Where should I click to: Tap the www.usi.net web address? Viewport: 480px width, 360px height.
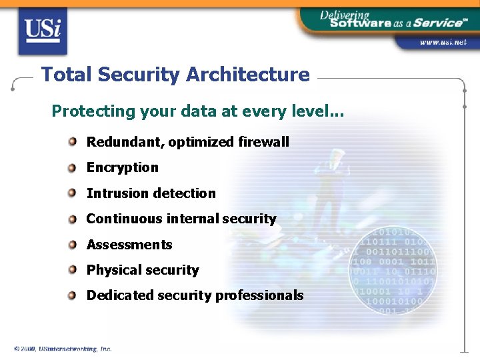click(443, 43)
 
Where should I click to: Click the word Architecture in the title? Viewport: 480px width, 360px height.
click(248, 75)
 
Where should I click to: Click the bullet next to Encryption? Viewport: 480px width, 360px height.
click(72, 167)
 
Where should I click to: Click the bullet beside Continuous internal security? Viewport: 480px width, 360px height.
click(72, 219)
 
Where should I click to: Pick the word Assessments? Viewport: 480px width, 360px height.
click(129, 245)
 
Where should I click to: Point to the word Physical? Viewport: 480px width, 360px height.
click(112, 270)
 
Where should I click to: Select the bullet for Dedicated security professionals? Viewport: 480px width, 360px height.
click(72, 295)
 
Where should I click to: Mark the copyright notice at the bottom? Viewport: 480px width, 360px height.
click(63, 349)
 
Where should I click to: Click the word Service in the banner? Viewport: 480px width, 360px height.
click(437, 22)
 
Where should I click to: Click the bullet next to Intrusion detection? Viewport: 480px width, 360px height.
click(72, 193)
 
